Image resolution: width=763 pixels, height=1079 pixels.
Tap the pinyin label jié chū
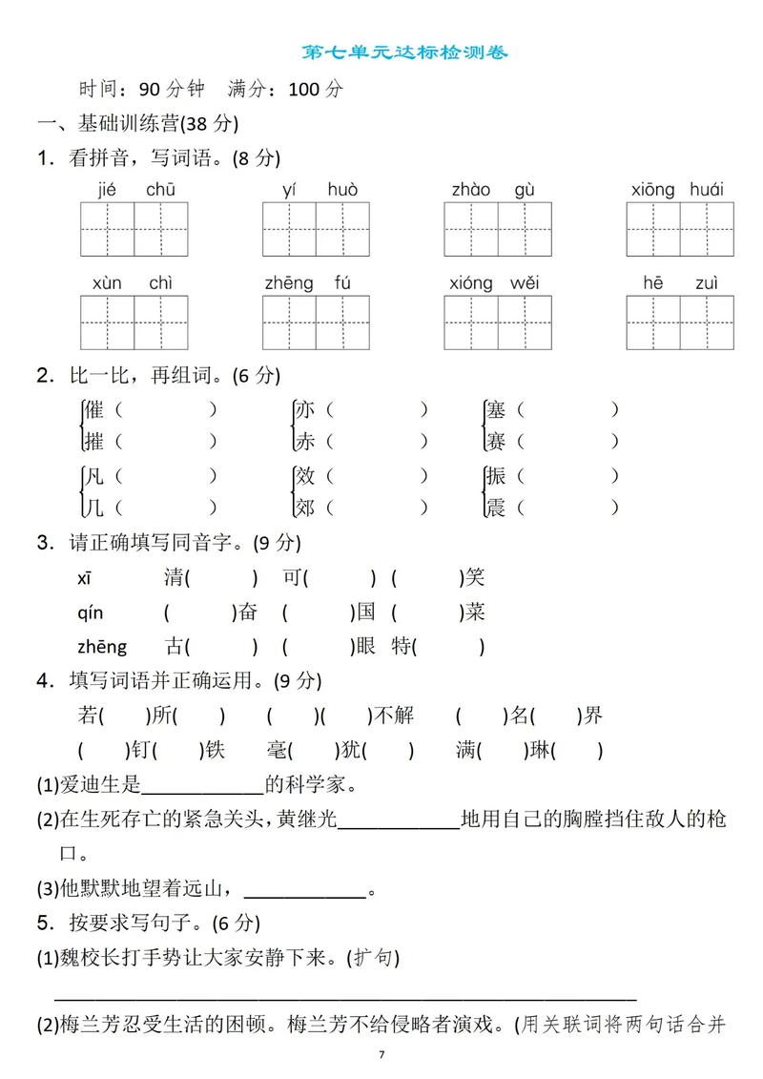(x=134, y=190)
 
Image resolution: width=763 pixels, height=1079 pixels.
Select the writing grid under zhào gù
(x=498, y=229)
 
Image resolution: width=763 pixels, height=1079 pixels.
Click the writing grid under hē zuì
(x=680, y=322)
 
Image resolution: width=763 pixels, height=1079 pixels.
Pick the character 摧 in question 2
(x=93, y=442)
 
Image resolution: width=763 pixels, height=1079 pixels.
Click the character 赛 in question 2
(x=495, y=442)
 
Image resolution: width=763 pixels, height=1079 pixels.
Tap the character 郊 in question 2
(x=304, y=508)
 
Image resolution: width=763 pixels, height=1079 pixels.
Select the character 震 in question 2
(x=495, y=508)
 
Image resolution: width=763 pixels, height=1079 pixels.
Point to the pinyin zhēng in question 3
(x=101, y=646)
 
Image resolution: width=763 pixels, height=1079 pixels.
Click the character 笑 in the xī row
(x=475, y=577)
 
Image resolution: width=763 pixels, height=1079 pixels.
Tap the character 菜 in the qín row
(x=475, y=612)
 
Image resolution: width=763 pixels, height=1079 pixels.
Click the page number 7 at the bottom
(x=381, y=1054)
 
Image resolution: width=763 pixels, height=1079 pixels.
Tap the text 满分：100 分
(x=285, y=90)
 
